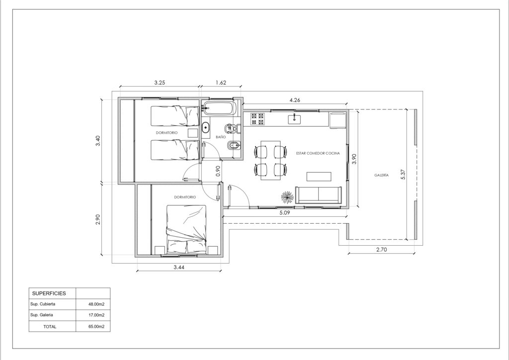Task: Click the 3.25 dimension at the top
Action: click(x=160, y=83)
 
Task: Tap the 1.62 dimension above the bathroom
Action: click(x=221, y=83)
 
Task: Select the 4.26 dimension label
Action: click(x=294, y=100)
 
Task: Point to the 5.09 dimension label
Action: click(x=284, y=213)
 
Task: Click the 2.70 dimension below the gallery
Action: click(x=381, y=250)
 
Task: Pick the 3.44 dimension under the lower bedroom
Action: click(x=179, y=268)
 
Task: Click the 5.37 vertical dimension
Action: click(x=403, y=175)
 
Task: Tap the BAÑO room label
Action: click(x=221, y=137)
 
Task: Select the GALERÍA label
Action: click(x=381, y=175)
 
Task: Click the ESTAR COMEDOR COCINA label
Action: click(x=318, y=153)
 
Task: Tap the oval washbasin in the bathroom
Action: click(x=206, y=128)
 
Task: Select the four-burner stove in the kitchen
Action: click(x=258, y=119)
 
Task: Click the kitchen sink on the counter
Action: click(x=294, y=119)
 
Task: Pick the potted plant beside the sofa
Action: click(x=287, y=197)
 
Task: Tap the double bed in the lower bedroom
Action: click(x=187, y=230)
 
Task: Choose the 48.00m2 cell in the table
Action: click(x=96, y=304)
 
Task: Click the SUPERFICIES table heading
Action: click(x=49, y=293)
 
